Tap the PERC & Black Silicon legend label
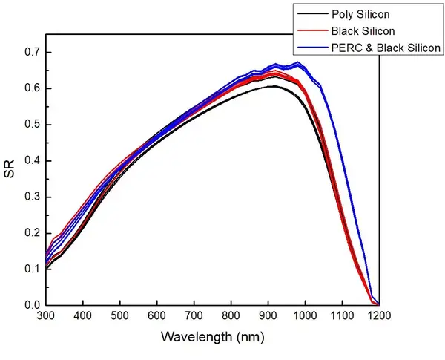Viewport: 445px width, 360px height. (387, 48)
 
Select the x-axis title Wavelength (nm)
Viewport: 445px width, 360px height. (212, 336)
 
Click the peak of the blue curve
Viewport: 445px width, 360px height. (297, 63)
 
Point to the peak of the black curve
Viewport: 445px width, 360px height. (273, 86)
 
